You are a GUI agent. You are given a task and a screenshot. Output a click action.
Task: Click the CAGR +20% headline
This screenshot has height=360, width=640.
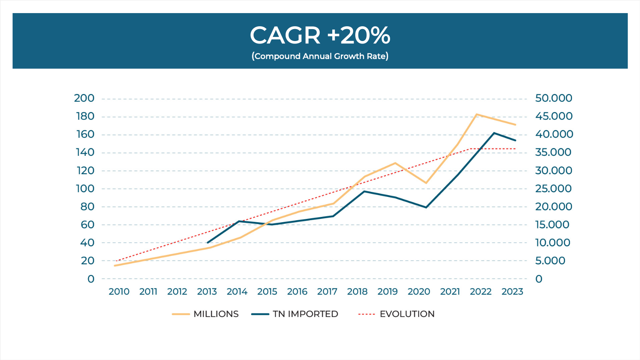point(320,35)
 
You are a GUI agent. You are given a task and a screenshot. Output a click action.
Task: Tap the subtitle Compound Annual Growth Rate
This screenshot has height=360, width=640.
point(320,56)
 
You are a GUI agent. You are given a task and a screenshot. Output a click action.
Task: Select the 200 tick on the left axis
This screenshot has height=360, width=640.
point(84,98)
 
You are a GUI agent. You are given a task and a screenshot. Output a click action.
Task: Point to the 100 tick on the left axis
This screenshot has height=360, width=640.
point(85,189)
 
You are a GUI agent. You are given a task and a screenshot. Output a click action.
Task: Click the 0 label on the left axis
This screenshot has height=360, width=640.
point(91,279)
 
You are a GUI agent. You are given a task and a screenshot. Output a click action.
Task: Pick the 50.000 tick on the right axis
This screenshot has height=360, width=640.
point(554,98)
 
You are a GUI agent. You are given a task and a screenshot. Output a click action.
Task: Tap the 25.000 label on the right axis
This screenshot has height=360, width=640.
point(554,189)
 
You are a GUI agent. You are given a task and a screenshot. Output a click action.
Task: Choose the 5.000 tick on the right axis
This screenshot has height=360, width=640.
point(550,261)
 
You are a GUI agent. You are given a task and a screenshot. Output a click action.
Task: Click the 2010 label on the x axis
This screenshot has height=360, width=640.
point(119,292)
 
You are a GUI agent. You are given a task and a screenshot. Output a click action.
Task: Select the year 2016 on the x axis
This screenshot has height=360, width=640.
point(297,292)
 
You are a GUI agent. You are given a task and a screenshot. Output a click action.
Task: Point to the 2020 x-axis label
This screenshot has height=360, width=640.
point(419,292)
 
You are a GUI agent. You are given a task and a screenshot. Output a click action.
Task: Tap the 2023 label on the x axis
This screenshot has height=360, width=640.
point(512,292)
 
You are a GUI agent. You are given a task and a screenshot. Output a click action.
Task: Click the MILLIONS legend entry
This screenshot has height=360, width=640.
point(205,314)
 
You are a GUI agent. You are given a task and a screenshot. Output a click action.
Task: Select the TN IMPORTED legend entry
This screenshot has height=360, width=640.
point(295,314)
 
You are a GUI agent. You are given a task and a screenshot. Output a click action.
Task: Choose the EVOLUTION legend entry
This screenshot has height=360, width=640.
point(396,314)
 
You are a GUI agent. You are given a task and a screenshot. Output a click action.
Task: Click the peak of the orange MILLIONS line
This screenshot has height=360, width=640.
point(476,114)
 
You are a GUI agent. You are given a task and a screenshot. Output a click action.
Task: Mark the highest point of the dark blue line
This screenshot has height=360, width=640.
point(494,133)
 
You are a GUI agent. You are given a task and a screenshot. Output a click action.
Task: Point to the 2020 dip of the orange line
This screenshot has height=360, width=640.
point(426,183)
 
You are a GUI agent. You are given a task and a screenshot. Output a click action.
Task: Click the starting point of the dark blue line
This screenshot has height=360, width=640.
point(207,243)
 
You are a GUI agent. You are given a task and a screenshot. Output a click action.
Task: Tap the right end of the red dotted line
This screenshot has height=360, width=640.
point(515,149)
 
